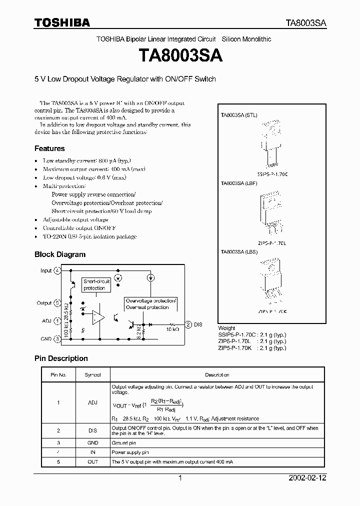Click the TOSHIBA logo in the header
[62, 23]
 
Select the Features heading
[49, 148]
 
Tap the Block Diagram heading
[60, 254]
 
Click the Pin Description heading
[61, 358]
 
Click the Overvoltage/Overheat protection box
[150, 304]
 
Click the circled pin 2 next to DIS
[188, 324]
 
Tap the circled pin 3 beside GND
[57, 338]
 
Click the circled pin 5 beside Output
[57, 303]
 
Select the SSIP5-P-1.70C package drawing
[271, 142]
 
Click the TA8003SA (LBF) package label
[239, 183]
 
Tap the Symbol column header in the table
[92, 374]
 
